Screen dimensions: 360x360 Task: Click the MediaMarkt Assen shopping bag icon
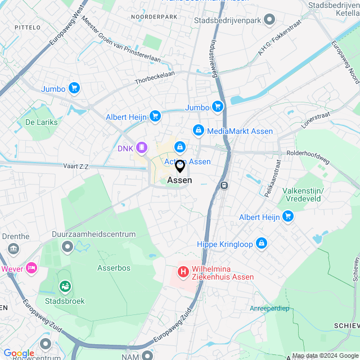click(x=198, y=130)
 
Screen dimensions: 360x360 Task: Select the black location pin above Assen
click(x=179, y=166)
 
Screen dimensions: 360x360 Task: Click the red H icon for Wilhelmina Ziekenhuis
click(x=183, y=272)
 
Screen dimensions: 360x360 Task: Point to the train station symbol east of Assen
click(x=224, y=184)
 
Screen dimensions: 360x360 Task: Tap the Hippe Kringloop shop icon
click(x=261, y=244)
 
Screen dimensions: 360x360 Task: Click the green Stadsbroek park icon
click(x=65, y=287)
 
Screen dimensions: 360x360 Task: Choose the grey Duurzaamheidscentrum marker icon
click(x=67, y=246)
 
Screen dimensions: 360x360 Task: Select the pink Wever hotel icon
click(x=30, y=268)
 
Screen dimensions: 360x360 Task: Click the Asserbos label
click(x=114, y=268)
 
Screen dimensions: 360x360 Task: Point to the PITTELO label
click(x=27, y=27)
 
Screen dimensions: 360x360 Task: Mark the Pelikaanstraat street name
click(x=272, y=177)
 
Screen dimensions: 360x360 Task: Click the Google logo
click(x=19, y=353)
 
